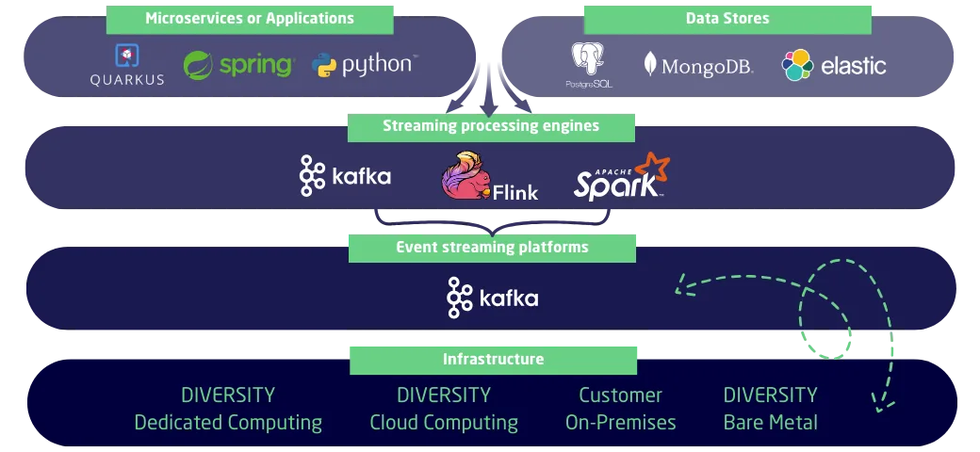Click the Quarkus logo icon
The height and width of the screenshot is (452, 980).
coord(127,56)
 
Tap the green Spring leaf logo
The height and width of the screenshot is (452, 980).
coord(198,66)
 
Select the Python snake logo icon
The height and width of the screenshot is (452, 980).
coord(324,66)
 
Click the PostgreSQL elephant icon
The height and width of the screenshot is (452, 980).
coord(588,60)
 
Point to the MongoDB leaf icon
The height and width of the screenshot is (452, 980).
coord(650,64)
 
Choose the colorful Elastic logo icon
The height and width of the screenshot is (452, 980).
coord(797,65)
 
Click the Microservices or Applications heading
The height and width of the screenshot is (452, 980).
coord(250,18)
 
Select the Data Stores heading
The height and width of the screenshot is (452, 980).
coord(727,18)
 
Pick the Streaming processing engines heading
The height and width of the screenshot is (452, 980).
coord(491,126)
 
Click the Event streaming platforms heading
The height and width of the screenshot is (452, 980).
coord(492,248)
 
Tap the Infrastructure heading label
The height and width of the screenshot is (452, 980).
coord(493,359)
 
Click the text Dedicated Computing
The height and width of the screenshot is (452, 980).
coord(228,423)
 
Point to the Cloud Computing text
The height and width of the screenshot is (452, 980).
coord(444,423)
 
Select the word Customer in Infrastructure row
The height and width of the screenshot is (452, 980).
coord(620,395)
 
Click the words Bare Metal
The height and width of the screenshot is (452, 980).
coord(771,423)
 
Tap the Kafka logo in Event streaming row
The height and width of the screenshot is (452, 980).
coord(493,298)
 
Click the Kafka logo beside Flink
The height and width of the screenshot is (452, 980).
coord(345,176)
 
